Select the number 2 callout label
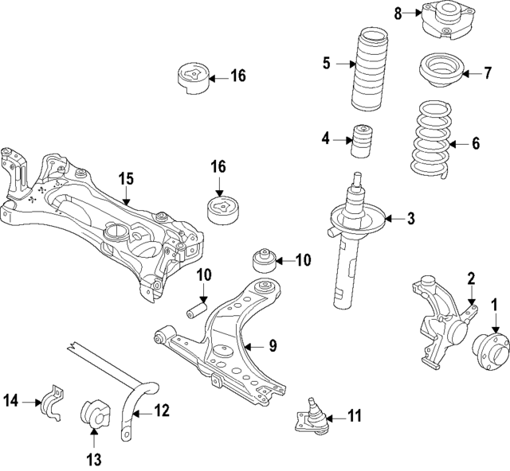pos(471,277)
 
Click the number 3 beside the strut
pos(411,218)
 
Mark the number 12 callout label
pos(162,411)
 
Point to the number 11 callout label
pos(354,415)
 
